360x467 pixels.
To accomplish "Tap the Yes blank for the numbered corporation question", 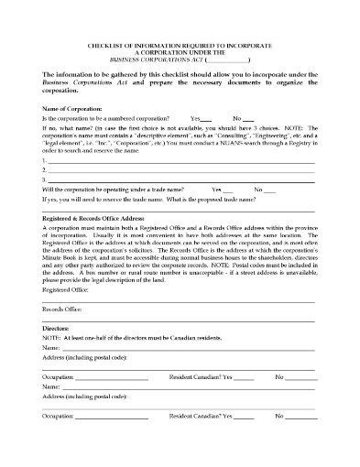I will (205, 120).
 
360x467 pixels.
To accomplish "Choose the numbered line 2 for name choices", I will (183, 170).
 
